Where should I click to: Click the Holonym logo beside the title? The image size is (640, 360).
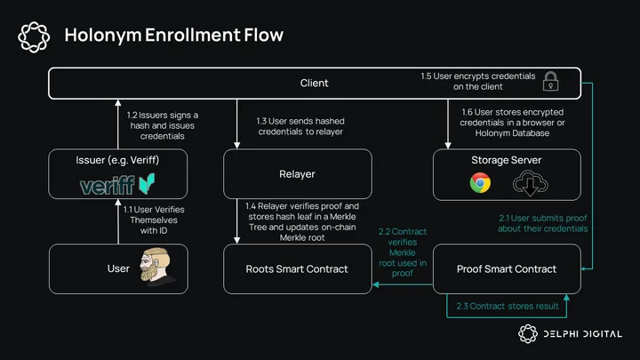(x=34, y=36)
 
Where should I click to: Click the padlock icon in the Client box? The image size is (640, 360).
(x=550, y=81)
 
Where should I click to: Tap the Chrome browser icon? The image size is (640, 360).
(x=480, y=183)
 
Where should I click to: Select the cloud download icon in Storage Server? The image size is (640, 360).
(x=530, y=183)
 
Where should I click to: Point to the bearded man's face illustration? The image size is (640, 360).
(x=155, y=265)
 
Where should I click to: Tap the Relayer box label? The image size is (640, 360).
(x=297, y=174)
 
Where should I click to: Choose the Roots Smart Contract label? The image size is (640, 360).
(x=297, y=269)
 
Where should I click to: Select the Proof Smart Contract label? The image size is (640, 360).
(x=507, y=269)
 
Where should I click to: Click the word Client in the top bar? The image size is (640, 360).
(x=314, y=84)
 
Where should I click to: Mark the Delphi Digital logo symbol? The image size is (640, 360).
(x=528, y=334)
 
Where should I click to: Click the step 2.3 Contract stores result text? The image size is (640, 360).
(x=508, y=306)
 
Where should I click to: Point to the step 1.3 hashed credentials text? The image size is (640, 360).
(x=300, y=126)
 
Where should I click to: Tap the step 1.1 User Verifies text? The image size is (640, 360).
(x=154, y=220)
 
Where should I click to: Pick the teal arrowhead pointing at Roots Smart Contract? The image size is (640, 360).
(x=376, y=284)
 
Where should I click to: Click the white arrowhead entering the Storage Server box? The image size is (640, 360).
(x=448, y=146)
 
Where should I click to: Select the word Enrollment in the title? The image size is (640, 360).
(x=193, y=35)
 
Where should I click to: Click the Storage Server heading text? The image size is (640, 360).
(x=507, y=160)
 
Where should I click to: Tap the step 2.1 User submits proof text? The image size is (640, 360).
(x=543, y=223)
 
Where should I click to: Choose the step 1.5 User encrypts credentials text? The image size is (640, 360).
(x=478, y=81)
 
